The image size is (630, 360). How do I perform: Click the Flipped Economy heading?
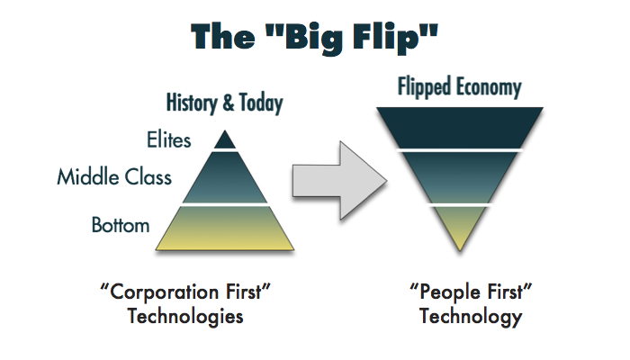click(460, 87)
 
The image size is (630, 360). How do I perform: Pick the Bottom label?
click(121, 224)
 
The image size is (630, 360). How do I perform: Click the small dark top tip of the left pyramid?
click(224, 140)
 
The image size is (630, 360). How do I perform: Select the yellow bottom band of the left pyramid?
click(224, 229)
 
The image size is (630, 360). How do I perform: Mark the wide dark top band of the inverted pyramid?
click(459, 126)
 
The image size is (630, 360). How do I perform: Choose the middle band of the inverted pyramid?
click(459, 176)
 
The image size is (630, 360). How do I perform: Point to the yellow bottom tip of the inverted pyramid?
click(459, 225)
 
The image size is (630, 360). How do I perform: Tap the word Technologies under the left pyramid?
click(184, 317)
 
